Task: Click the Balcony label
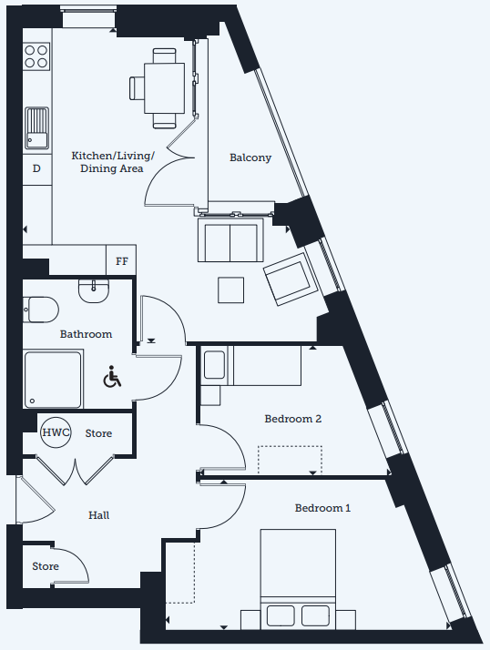coord(250,157)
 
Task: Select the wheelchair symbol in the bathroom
coord(112,376)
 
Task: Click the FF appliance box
coord(121,260)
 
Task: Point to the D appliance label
coord(36,168)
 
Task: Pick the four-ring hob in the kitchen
coord(36,56)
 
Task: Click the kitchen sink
coord(36,128)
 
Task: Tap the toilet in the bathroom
coord(40,310)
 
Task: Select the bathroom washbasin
coord(94,290)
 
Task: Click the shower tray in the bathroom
coord(53,380)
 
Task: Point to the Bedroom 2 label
coord(293,419)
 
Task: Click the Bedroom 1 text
coord(322,508)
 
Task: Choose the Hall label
coord(98,515)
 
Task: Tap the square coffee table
coord(230,289)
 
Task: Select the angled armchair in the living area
coord(291,279)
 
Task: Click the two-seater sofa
coord(230,239)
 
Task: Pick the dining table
coord(164,88)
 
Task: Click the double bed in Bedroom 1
coord(298,578)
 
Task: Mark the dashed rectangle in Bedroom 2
coord(290,460)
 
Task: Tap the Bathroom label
coord(86,334)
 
